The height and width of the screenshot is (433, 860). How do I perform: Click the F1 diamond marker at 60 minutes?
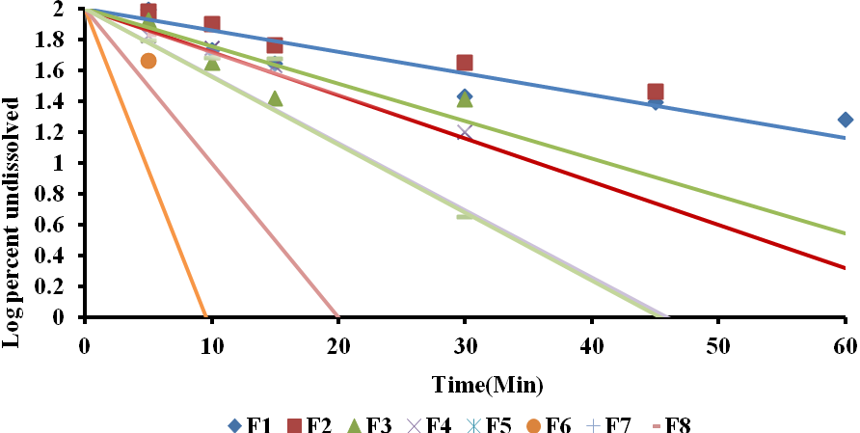[x=846, y=120]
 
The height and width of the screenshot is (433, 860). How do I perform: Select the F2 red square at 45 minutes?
[x=656, y=93]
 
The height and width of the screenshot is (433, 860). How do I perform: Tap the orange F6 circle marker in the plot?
[x=148, y=61]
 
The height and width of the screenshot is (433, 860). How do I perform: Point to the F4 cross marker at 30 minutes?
[x=465, y=132]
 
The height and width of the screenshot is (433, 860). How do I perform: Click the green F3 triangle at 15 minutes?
[x=275, y=98]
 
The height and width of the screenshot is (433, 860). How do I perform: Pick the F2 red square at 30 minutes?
[x=465, y=64]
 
